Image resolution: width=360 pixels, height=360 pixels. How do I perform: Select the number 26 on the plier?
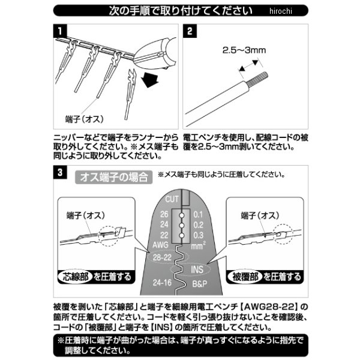[164, 214]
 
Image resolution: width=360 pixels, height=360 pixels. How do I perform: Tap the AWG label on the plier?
[161, 245]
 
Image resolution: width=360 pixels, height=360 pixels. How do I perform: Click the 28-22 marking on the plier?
[163, 257]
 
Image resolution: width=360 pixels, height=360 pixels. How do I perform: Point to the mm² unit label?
[199, 245]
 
